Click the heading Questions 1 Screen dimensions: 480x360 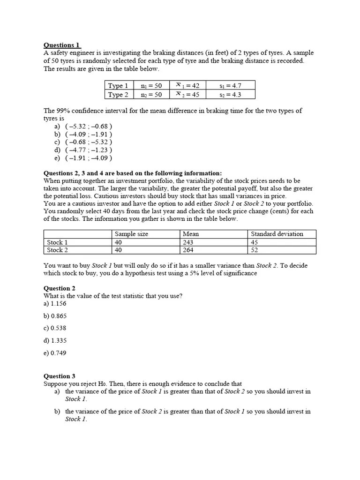point(62,45)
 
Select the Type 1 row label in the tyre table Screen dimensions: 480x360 point(118,85)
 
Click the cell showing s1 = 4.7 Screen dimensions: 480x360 point(230,85)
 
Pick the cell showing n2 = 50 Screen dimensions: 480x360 point(151,94)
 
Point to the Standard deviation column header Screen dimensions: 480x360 point(277,234)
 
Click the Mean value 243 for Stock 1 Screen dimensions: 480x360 point(188,242)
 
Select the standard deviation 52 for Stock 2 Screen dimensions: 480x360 point(255,250)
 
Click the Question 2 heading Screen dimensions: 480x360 point(60,288)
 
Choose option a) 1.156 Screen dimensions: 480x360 point(55,303)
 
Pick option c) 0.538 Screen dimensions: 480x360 point(55,328)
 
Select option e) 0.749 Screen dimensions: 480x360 point(55,353)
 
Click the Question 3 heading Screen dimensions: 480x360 point(60,376)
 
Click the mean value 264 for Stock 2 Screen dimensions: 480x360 point(188,250)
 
